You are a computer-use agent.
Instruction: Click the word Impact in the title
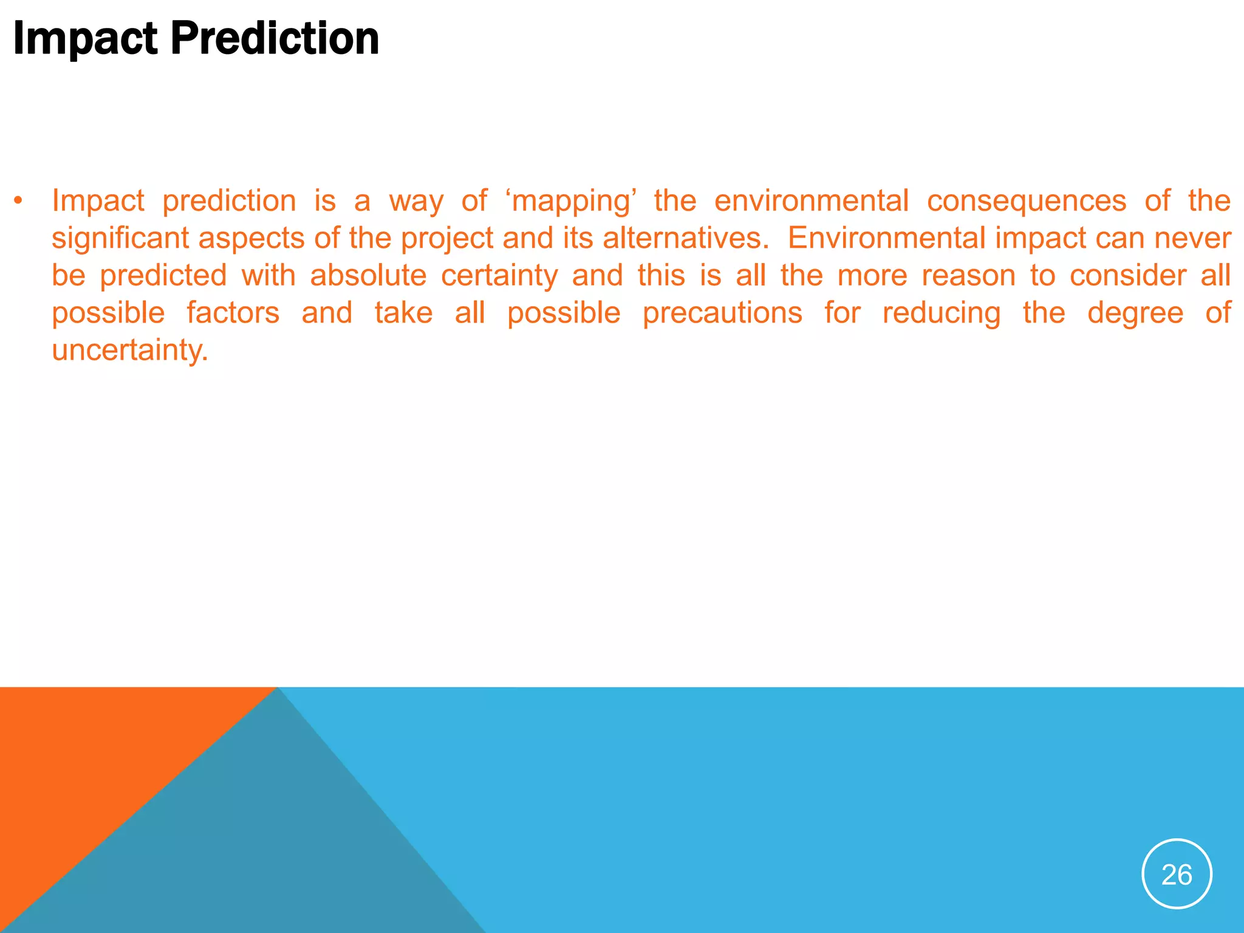85,38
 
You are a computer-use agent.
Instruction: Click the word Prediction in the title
275,38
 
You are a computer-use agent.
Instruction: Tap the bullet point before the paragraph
19,201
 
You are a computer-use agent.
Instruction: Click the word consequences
1026,201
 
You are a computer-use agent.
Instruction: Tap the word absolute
368,276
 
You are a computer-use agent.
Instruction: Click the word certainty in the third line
499,276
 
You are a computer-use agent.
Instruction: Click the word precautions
722,313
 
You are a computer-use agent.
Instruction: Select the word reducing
941,313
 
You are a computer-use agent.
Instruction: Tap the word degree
1135,313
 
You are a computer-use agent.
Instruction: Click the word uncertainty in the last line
130,350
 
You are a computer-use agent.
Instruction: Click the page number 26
1177,875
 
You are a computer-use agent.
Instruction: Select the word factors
233,313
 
